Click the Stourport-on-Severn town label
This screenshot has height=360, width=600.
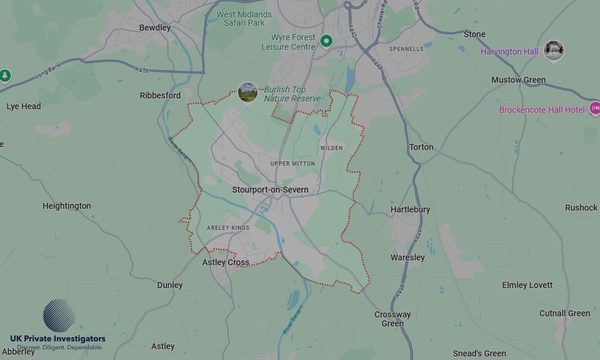pos(270,190)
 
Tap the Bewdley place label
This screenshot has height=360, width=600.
pos(155,28)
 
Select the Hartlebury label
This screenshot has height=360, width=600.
pos(410,209)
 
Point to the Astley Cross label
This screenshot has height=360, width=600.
pos(226,262)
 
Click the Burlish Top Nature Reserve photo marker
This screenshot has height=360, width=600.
pos(248,92)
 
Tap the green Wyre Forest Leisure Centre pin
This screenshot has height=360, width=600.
pos(326,41)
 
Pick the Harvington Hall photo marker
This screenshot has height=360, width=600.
pos(553,50)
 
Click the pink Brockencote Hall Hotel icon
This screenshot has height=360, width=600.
pos(595,109)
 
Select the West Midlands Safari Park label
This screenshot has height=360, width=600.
pos(244,19)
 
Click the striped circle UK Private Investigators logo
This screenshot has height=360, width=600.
pos(59,316)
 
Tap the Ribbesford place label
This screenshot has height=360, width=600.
pos(160,95)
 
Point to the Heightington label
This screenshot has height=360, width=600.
pos(67,206)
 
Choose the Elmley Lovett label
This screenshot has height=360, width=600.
pos(527,285)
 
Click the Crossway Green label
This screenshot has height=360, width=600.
pos(392,319)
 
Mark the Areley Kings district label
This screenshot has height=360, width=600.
pos(228,228)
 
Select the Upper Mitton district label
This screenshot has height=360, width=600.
pos(292,163)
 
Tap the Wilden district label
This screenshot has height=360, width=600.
pos(332,148)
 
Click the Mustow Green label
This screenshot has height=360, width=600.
pos(518,80)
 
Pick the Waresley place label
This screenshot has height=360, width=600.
pos(407,257)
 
